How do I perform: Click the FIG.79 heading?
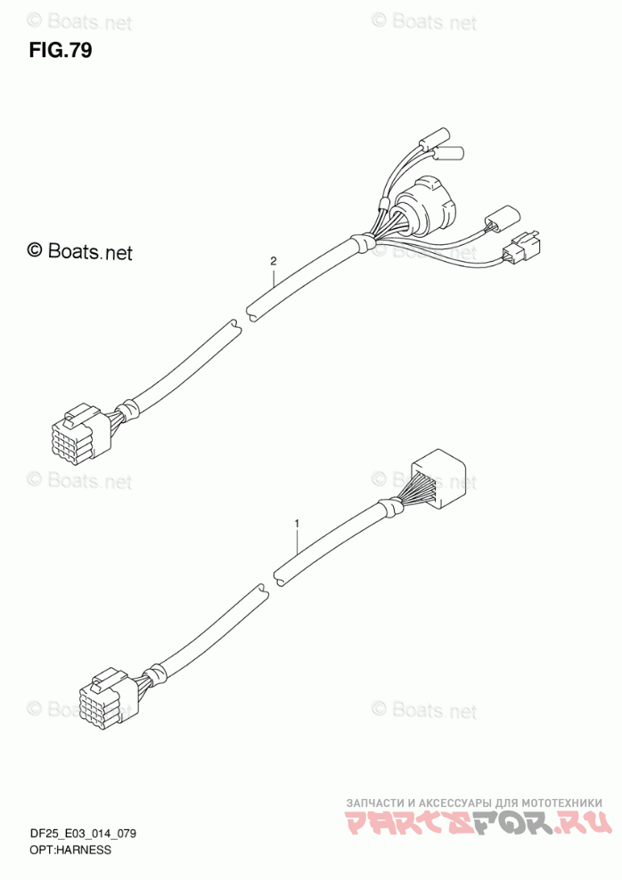tap(60, 50)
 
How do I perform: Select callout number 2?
tap(274, 262)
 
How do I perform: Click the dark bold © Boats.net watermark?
tap(80, 252)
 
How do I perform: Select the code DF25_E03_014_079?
tap(81, 835)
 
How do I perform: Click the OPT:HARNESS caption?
tap(69, 851)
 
